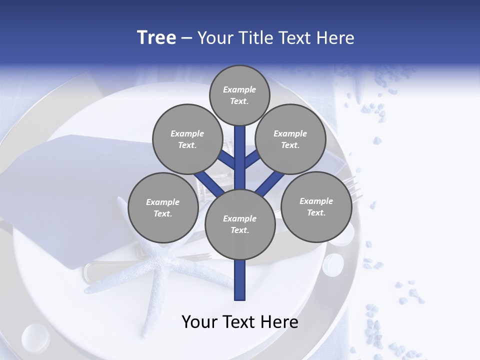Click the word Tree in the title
pos(156,38)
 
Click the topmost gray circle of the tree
pos(239,95)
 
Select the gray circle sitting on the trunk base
pos(240,224)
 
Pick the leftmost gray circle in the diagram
pos(163,207)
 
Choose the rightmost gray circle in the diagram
pos(316,206)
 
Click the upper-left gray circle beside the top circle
pos(187,139)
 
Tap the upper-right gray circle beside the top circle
pos(290,139)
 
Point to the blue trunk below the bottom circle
pos(240,280)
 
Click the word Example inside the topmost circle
pos(239,89)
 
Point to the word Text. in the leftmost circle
pos(163,213)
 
